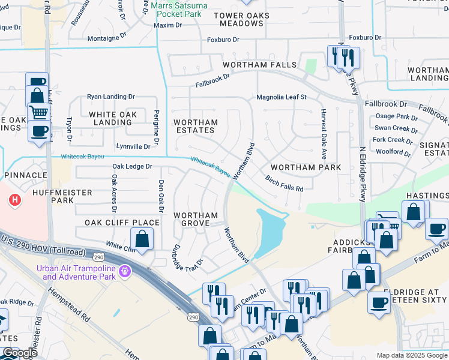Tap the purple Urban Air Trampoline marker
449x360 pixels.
pyautogui.click(x=125, y=272)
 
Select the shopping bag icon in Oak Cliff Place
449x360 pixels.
pyautogui.click(x=142, y=239)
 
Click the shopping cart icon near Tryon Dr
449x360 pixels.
pyautogui.click(x=39, y=112)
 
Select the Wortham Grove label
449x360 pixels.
pyautogui.click(x=196, y=219)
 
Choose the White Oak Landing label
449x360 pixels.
pyautogui.click(x=113, y=118)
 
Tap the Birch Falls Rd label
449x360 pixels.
pyautogui.click(x=285, y=184)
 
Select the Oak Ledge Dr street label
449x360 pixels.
pyautogui.click(x=132, y=166)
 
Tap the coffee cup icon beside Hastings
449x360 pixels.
pyautogui.click(x=436, y=229)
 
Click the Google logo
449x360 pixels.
pyautogui.click(x=20, y=353)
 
